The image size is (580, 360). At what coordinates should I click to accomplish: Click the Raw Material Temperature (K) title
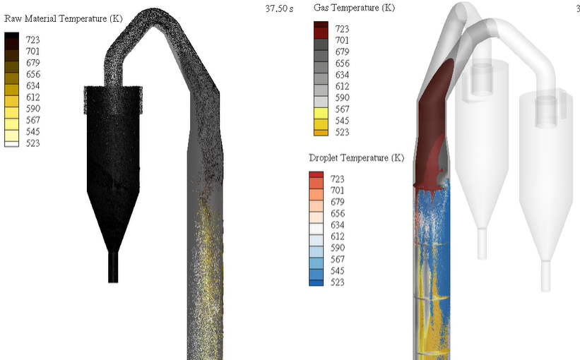tap(64, 18)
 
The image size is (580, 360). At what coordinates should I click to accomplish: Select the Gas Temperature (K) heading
tap(354, 8)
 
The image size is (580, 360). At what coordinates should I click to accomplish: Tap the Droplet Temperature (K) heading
tap(357, 158)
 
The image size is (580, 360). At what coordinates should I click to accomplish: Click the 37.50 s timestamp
tap(279, 8)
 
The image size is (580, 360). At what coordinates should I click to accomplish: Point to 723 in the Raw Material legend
tap(33, 40)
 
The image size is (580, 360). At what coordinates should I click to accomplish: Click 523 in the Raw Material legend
tap(33, 143)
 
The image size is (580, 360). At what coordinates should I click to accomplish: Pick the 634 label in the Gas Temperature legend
tap(342, 75)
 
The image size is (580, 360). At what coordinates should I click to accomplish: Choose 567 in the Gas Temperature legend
tap(342, 109)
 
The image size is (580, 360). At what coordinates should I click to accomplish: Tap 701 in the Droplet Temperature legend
tap(338, 190)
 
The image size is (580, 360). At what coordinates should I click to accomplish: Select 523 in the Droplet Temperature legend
tap(338, 282)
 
